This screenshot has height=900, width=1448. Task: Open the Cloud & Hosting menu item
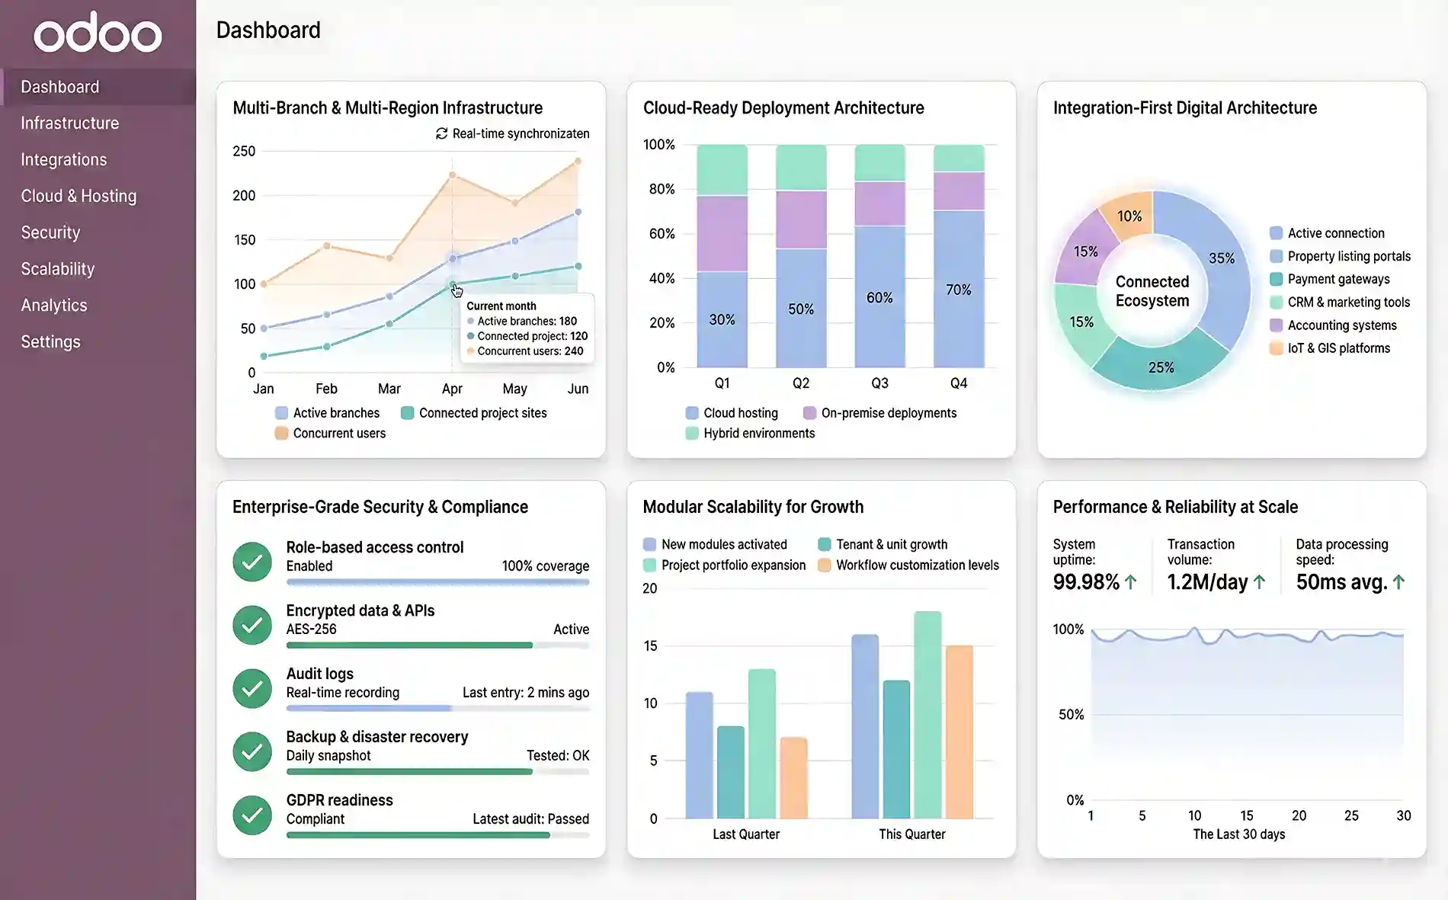(78, 196)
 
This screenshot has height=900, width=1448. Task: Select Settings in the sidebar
(50, 341)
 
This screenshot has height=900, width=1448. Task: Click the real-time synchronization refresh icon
(441, 133)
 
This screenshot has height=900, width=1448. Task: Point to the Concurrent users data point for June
(578, 161)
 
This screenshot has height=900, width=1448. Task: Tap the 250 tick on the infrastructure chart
(244, 151)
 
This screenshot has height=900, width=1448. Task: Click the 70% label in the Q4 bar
(958, 290)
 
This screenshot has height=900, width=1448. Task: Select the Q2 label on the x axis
(800, 383)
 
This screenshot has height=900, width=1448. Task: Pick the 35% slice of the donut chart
(1222, 258)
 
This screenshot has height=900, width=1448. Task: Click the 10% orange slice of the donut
(1129, 216)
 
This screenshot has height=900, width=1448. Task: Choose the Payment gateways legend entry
(1338, 279)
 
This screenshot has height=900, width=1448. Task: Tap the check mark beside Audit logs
(252, 688)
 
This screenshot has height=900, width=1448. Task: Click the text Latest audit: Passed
(530, 819)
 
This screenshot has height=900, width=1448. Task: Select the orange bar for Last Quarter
(793, 777)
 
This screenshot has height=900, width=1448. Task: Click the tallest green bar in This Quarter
(927, 715)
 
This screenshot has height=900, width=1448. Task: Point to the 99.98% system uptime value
(1086, 582)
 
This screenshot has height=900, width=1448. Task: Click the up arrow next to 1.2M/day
(1259, 582)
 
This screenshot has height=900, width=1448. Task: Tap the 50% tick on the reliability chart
(1071, 715)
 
